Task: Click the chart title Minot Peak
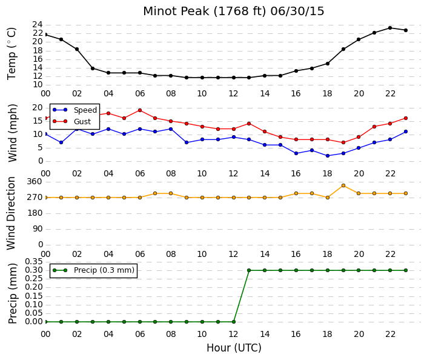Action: [176, 12]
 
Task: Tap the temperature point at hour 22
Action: [390, 28]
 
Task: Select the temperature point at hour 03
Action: [93, 68]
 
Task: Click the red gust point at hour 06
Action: [140, 110]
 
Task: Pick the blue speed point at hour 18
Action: [328, 156]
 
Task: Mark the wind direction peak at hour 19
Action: [343, 185]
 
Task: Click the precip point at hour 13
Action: [249, 270]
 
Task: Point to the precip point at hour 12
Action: [234, 322]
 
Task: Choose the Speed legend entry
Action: [75, 110]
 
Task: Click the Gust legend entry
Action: [71, 122]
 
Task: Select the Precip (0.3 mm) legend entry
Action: [93, 270]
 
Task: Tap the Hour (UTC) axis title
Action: [234, 348]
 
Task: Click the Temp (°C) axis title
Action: [12, 54]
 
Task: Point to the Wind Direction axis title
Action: [11, 213]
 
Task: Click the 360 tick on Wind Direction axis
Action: [35, 182]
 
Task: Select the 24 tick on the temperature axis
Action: [38, 25]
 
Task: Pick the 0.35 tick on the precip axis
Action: [34, 262]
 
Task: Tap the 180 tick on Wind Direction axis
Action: [35, 213]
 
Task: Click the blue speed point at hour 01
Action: [61, 142]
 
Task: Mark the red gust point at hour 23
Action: [406, 118]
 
